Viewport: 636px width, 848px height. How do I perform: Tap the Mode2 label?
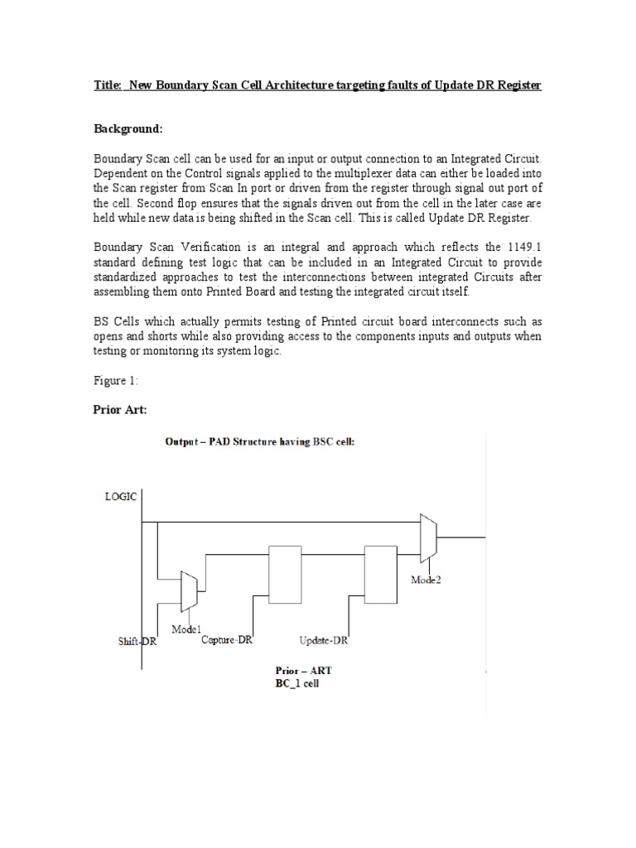pos(426,580)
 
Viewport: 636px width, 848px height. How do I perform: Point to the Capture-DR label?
pos(226,638)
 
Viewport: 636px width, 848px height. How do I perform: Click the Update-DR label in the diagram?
pos(324,639)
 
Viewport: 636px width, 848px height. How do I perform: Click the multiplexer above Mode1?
pos(188,590)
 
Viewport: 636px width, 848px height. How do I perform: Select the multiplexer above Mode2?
pos(427,538)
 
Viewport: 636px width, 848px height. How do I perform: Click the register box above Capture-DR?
pos(285,574)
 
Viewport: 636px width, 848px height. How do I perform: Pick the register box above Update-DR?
pos(381,574)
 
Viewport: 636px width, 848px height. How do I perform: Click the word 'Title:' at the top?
pos(108,86)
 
